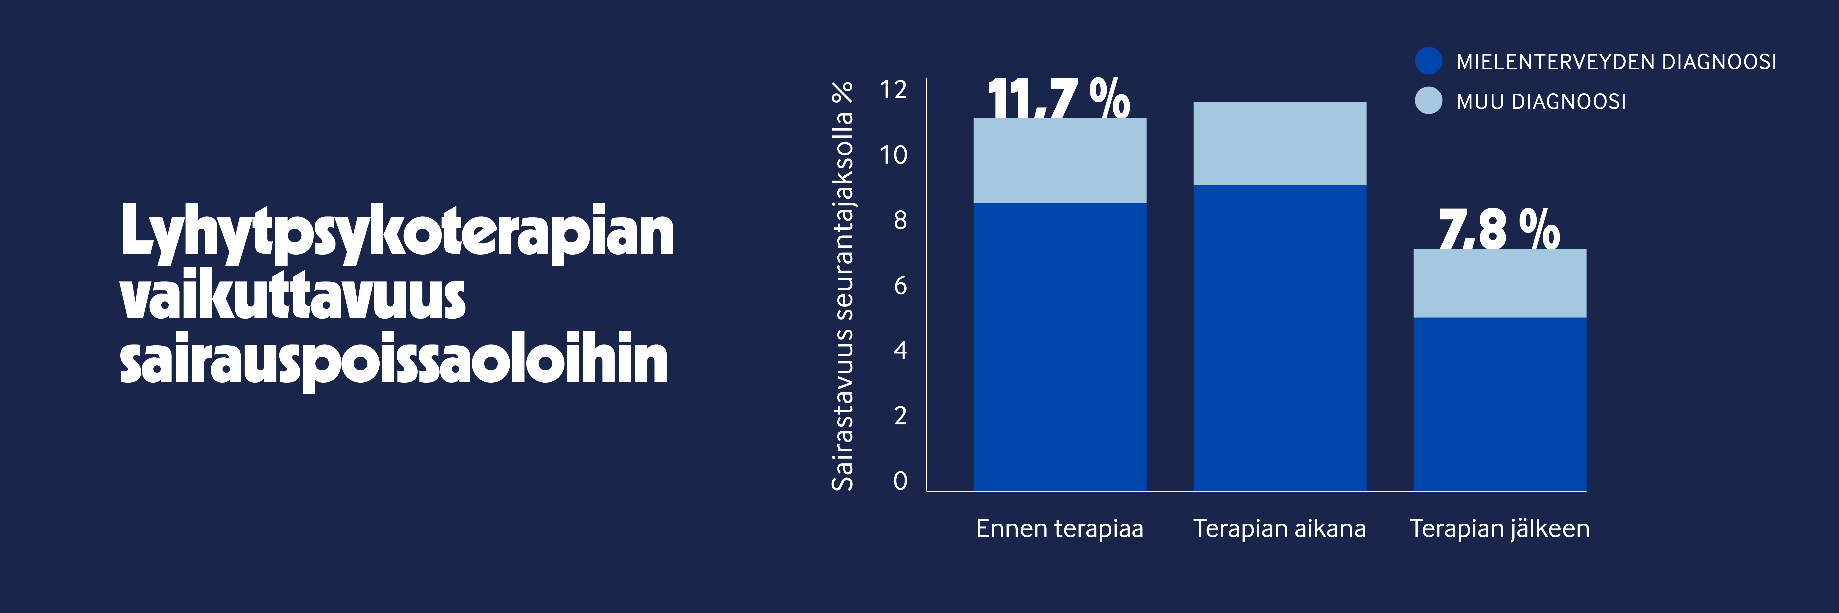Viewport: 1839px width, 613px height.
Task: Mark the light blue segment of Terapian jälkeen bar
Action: (x=1500, y=283)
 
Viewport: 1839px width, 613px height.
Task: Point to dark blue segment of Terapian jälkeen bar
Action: (x=1500, y=404)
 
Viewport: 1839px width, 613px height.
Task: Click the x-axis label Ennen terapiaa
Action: (x=1059, y=529)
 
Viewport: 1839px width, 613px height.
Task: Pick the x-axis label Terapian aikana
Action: (x=1279, y=529)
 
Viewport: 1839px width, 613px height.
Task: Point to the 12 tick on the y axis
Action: (x=893, y=90)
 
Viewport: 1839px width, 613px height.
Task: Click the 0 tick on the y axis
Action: (x=900, y=481)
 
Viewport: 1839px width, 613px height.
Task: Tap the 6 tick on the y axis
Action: (x=900, y=285)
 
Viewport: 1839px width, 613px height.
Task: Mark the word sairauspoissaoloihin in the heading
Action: (x=394, y=359)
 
